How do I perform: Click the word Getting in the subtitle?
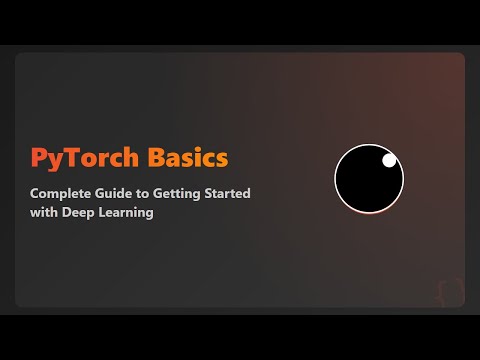coord(175,192)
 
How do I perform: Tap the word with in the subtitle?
coord(43,212)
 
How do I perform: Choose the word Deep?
coord(75,213)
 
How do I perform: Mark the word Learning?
coord(126,213)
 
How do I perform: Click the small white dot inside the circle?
coord(389,160)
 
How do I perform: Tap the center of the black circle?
coord(369,179)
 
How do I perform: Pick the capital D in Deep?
coord(64,212)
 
